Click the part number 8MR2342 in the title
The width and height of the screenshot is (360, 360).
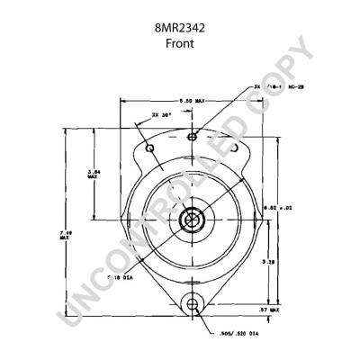click(x=179, y=28)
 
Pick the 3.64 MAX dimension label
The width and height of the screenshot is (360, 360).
click(x=93, y=174)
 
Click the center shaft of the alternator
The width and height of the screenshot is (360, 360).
click(x=191, y=220)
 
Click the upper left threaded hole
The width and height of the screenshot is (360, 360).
click(x=150, y=148)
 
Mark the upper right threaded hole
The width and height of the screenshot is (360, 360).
click(x=233, y=147)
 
